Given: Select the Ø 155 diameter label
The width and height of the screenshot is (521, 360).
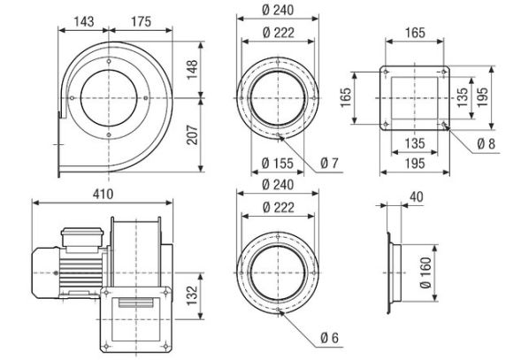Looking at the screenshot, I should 279,163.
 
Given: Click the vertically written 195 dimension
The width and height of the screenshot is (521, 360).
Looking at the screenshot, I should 482,95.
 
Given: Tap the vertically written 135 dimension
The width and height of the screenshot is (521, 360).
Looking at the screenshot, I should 460,95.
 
